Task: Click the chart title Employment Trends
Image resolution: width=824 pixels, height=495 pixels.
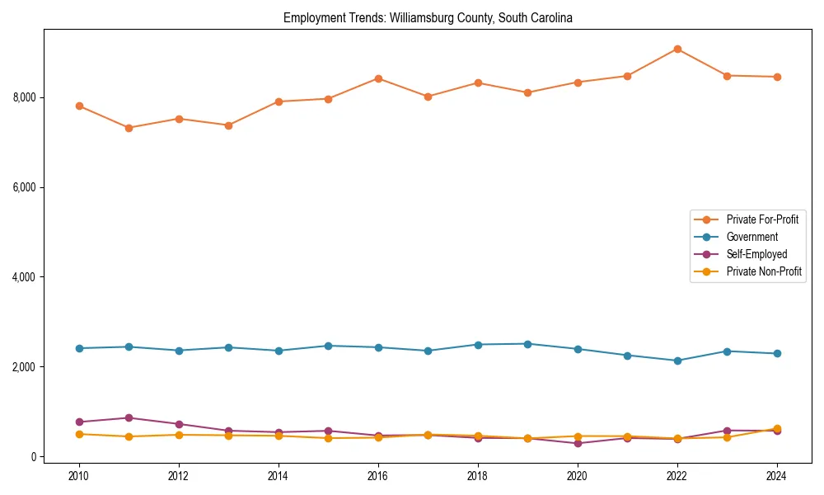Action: coord(428,17)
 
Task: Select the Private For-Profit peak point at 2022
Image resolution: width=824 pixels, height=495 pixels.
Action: coord(677,49)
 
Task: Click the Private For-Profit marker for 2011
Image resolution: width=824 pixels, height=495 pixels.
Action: coord(129,128)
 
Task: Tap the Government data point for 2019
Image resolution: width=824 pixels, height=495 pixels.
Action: coord(527,344)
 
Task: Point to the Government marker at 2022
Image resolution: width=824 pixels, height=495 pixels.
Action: coord(677,361)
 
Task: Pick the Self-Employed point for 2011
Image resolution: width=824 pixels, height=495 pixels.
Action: coord(129,417)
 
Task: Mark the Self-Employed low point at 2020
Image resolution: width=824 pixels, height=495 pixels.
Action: coord(578,443)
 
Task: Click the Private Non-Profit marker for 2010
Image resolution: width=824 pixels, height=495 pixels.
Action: coord(79,434)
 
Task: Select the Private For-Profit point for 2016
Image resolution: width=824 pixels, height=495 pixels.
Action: coord(378,78)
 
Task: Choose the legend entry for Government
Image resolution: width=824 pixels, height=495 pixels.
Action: coord(751,237)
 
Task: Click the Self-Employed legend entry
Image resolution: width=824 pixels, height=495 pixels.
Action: coord(756,254)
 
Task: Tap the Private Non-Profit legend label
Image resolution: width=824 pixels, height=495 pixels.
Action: coord(764,271)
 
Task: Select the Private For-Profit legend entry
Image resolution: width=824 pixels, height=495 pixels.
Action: coord(762,219)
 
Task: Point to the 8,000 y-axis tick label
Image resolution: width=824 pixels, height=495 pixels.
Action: coord(25,97)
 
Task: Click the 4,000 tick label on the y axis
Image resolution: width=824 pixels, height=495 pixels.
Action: coord(25,277)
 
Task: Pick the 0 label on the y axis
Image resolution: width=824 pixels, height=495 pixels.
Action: coord(34,457)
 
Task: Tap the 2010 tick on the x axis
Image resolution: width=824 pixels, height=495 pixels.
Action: coord(79,476)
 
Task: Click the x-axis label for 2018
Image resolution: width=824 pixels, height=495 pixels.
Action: coord(478,476)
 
